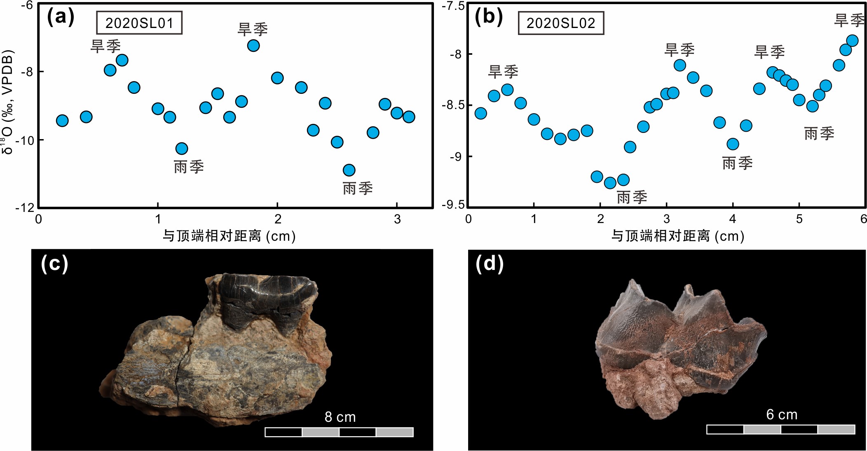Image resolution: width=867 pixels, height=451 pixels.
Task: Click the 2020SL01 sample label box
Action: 139,23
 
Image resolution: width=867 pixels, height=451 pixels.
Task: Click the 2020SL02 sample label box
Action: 561,23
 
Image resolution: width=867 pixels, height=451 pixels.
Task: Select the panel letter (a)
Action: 61,17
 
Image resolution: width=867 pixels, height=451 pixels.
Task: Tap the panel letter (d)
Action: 489,263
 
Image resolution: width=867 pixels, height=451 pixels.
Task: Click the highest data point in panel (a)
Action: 253,45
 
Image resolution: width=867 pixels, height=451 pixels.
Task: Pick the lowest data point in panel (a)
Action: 349,170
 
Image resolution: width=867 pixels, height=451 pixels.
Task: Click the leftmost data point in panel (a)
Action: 62,121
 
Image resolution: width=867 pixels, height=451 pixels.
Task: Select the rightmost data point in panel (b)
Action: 852,41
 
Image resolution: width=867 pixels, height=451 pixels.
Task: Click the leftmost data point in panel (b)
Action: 480,113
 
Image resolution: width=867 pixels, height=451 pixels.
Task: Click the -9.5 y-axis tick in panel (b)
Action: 453,205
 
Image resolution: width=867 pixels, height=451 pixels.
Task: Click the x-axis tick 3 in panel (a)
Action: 397,219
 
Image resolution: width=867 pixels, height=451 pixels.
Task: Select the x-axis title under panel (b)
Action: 677,236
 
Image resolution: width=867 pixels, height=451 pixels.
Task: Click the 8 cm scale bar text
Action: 340,417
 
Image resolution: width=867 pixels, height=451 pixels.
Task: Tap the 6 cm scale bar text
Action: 782,414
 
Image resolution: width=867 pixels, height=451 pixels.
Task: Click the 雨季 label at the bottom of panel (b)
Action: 632,198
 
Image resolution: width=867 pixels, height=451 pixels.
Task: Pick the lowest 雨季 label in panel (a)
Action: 358,188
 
